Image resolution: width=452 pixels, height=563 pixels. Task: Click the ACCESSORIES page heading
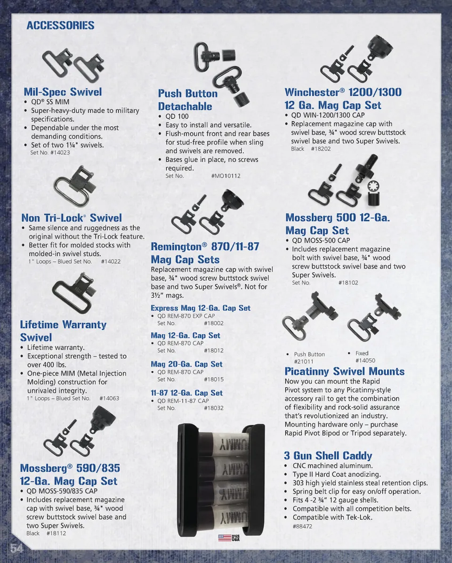click(60, 25)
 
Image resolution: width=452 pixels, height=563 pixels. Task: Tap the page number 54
click(16, 548)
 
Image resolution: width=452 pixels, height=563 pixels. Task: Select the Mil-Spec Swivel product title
click(63, 92)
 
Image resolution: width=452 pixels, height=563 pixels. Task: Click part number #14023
click(60, 153)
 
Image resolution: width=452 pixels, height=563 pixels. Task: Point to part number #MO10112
click(226, 176)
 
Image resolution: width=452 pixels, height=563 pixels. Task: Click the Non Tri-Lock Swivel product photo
click(75, 187)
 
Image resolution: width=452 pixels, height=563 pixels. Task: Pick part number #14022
click(111, 261)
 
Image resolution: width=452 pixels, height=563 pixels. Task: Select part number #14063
click(109, 398)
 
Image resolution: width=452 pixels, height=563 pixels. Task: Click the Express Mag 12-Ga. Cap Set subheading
click(200, 308)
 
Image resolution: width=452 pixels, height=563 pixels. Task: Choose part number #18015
click(214, 379)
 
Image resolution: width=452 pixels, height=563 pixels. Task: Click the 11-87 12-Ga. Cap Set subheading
click(187, 393)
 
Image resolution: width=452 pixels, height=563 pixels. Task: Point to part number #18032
click(214, 408)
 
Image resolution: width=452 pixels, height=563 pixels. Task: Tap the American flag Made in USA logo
click(229, 538)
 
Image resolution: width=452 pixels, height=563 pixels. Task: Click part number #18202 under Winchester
click(321, 149)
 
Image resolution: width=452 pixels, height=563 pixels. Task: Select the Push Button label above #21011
click(309, 354)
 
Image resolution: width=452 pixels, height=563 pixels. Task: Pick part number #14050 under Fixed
click(365, 361)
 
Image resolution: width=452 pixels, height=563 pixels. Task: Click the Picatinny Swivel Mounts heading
click(345, 371)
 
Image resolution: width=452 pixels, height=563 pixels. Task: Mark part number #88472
click(302, 526)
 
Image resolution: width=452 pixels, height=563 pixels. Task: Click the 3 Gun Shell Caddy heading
click(328, 456)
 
